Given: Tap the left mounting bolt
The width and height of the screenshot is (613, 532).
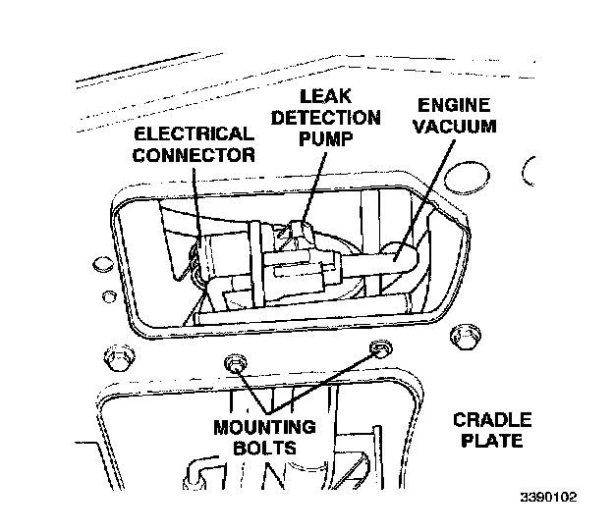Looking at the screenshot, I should [x=236, y=364].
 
